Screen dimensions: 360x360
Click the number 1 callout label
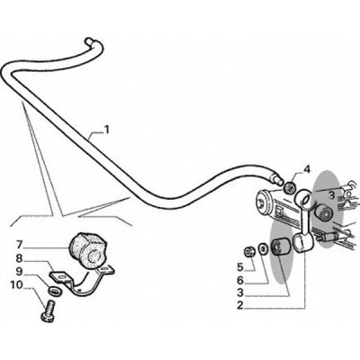[106, 130]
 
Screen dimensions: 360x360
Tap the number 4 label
[306, 170]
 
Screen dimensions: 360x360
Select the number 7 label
[20, 245]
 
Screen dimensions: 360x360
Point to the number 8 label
[20, 258]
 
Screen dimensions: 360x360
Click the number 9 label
[20, 272]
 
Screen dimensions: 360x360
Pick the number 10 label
[17, 285]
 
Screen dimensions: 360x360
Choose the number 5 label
[239, 266]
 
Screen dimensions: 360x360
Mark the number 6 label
[239, 281]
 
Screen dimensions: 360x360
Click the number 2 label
[239, 306]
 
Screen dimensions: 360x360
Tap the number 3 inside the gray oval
[331, 195]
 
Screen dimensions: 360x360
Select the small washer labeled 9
[55, 291]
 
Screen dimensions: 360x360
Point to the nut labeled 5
[248, 251]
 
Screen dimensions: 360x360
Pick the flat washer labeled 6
[263, 248]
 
